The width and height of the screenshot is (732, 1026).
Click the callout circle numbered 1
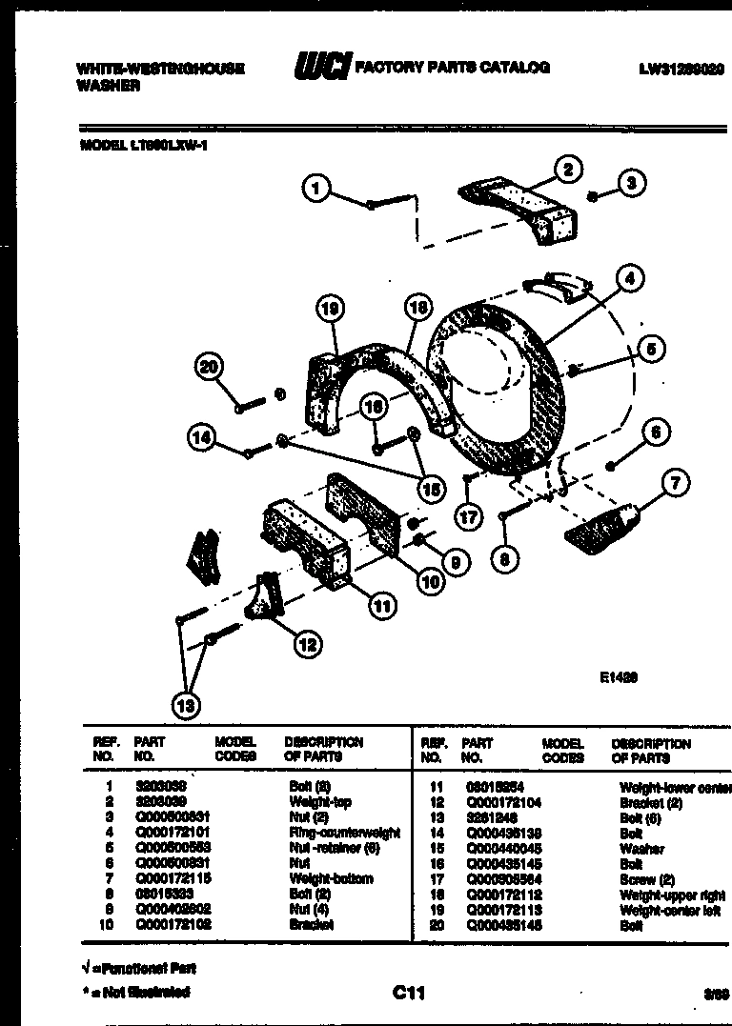pyautogui.click(x=318, y=189)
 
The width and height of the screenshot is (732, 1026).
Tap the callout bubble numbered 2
pyautogui.click(x=568, y=171)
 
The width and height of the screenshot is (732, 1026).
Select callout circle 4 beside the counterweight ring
pyautogui.click(x=630, y=279)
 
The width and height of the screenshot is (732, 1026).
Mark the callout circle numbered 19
pyautogui.click(x=329, y=308)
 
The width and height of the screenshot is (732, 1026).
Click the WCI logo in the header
pyautogui.click(x=321, y=68)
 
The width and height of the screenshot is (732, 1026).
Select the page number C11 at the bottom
pyautogui.click(x=408, y=994)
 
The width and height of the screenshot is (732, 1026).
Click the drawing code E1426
pyautogui.click(x=619, y=678)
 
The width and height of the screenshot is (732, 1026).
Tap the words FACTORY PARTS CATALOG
pyautogui.click(x=452, y=68)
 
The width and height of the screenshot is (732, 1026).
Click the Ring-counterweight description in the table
pyautogui.click(x=344, y=833)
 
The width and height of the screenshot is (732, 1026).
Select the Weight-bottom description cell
pyautogui.click(x=331, y=878)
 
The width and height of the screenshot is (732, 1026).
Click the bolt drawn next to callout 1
pyautogui.click(x=391, y=202)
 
